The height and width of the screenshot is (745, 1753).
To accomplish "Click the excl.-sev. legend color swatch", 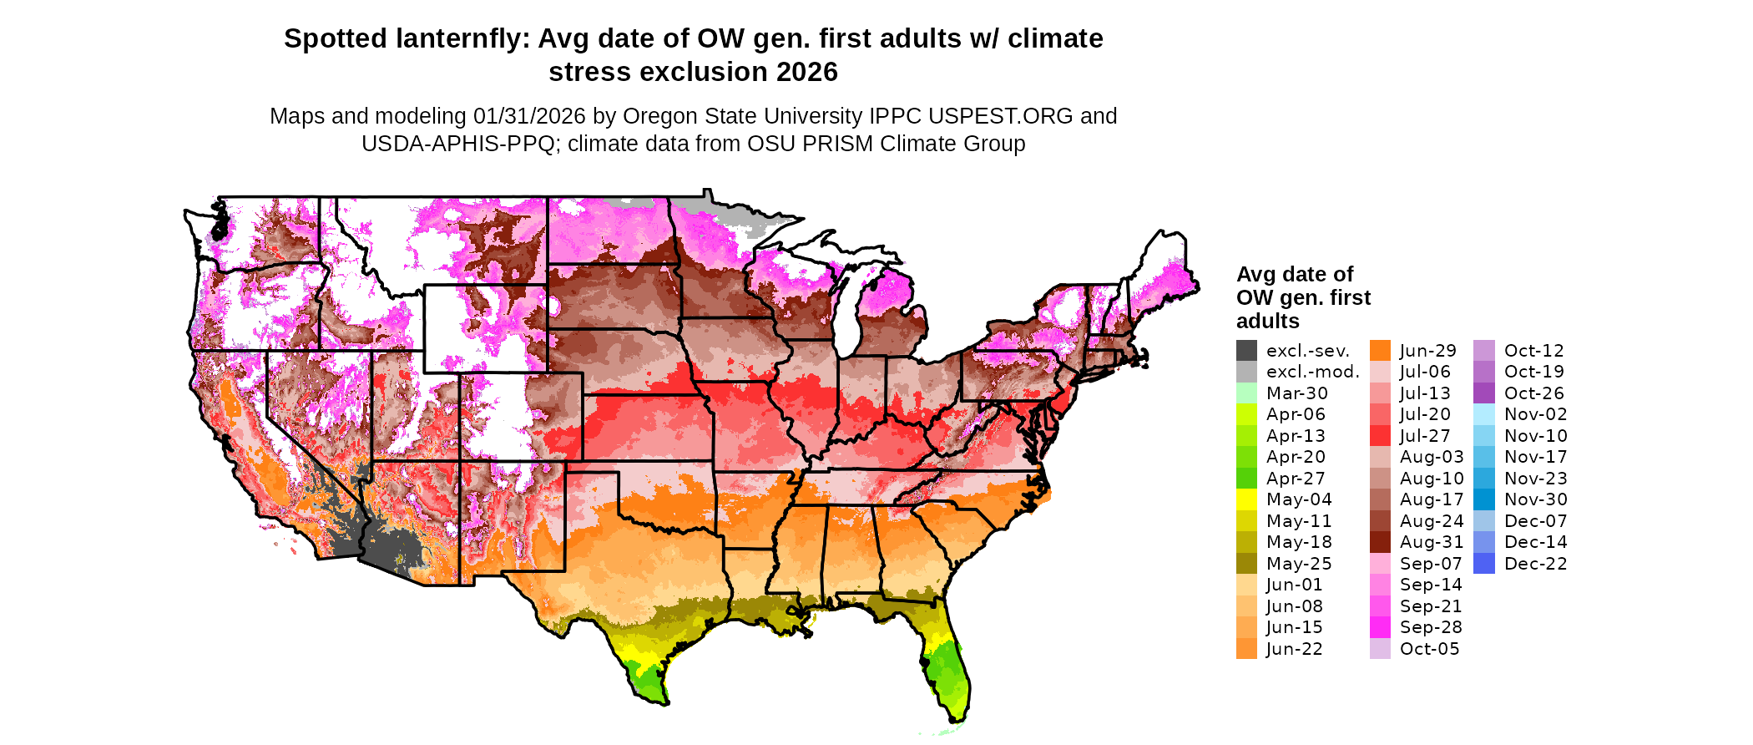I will click(1246, 351).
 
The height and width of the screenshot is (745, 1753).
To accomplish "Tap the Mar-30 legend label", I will click(1296, 393).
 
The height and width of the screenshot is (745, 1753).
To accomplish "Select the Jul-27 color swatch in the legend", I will click(1380, 436).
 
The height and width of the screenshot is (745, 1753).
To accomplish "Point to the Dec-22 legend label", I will click(1535, 564).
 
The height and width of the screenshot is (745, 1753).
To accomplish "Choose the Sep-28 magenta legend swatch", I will click(1380, 627).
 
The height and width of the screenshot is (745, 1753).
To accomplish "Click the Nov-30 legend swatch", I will click(1484, 499).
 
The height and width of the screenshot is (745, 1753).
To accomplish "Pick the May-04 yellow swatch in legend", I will click(1246, 499).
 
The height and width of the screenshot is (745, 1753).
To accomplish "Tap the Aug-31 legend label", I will click(1431, 542).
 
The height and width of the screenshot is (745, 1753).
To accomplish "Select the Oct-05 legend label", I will click(1429, 649).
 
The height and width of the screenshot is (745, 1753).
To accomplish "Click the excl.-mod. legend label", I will click(1312, 372).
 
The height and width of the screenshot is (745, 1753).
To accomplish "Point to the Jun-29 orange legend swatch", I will click(1380, 351).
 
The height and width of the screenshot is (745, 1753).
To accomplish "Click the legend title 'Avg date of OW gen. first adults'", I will click(1302, 297).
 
